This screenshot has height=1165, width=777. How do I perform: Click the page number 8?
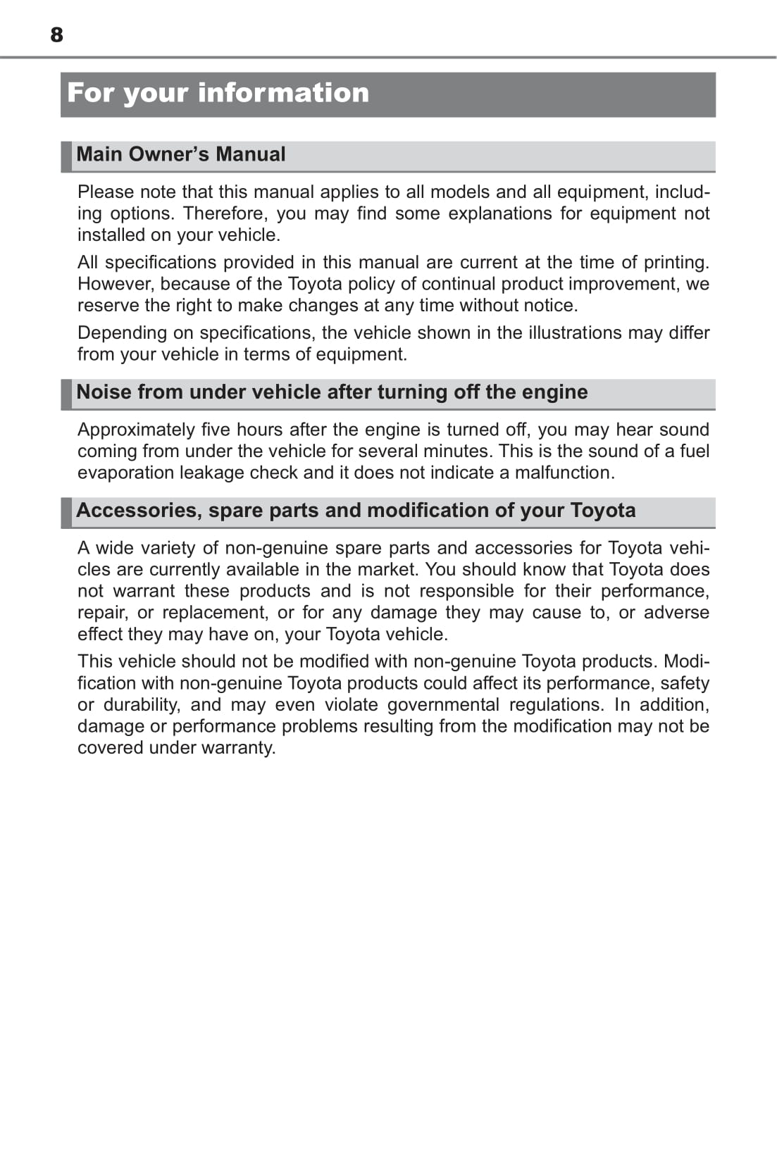click(56, 35)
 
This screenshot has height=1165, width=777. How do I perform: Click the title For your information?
click(218, 93)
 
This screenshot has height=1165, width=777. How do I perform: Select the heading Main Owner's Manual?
click(181, 154)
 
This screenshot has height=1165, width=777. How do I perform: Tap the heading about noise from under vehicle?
click(332, 392)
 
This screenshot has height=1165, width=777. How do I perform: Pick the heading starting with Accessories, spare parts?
click(356, 510)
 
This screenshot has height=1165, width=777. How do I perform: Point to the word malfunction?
click(564, 473)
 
